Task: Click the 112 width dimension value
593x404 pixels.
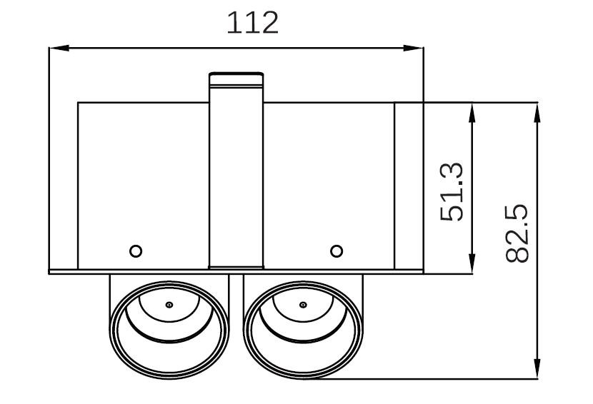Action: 252,24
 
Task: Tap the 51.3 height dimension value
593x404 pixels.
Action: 453,192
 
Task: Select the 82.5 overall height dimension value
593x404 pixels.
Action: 516,233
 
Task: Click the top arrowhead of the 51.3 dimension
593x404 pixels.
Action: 472,109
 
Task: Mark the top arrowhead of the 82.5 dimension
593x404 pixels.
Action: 537,109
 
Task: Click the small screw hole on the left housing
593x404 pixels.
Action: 135,251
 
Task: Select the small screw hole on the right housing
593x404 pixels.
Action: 337,251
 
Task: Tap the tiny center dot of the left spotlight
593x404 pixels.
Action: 169,305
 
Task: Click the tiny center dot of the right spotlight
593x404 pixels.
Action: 304,305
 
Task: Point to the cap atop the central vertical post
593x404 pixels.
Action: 236,79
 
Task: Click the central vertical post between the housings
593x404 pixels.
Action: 236,178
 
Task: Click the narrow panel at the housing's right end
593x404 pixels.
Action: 409,186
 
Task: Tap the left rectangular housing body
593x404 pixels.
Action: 143,178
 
